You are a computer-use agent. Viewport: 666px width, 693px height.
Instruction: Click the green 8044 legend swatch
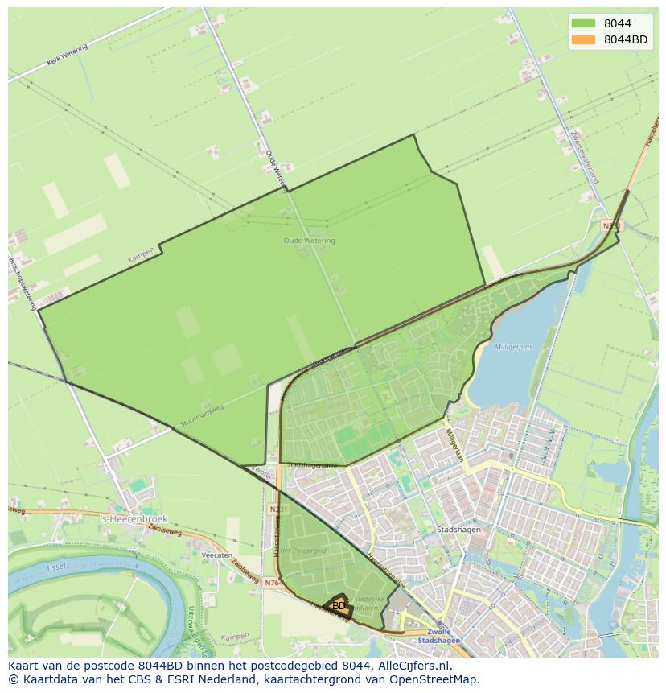point(583,23)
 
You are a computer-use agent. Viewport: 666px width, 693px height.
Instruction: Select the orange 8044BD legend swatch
point(583,39)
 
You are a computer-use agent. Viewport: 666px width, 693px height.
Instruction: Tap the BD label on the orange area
point(339,606)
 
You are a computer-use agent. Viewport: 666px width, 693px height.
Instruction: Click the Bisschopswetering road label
point(21,283)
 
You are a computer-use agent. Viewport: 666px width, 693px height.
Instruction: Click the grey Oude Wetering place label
point(309,241)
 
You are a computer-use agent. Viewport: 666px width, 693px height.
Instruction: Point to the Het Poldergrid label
point(307,550)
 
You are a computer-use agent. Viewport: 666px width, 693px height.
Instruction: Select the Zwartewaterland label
point(584,154)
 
